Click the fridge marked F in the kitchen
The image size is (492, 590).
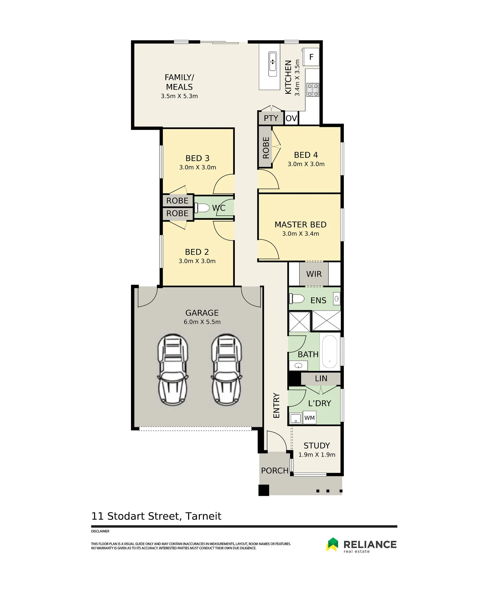(x=311, y=57)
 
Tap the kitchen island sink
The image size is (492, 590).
(x=272, y=64)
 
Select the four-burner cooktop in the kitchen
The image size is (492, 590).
(x=313, y=90)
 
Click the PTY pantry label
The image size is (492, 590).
(x=271, y=118)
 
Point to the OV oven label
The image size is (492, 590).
(x=291, y=118)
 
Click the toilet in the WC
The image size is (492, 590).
(x=202, y=208)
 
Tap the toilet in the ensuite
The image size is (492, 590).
(x=297, y=299)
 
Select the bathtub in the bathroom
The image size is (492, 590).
(x=330, y=352)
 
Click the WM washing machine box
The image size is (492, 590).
(x=310, y=418)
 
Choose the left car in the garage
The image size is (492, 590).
(x=173, y=369)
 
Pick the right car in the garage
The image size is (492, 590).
(x=226, y=369)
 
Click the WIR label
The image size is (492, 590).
(x=314, y=274)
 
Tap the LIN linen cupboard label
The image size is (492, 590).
(x=321, y=378)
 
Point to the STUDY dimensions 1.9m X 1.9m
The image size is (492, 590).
(x=317, y=455)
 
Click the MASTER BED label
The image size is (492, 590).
(x=300, y=224)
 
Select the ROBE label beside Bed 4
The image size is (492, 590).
(x=266, y=147)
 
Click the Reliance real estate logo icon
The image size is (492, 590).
(x=333, y=544)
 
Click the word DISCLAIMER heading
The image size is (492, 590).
(x=100, y=531)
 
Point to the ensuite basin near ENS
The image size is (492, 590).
(x=336, y=299)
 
